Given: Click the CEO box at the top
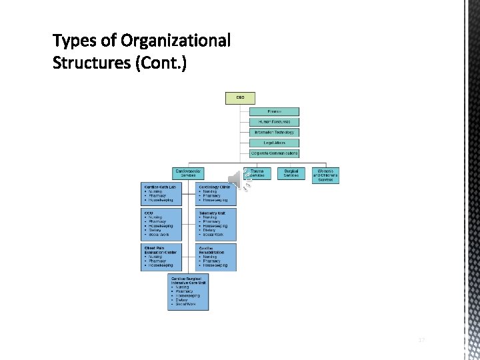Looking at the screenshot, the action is coord(240,97).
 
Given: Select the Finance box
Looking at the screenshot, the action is coord(274,111).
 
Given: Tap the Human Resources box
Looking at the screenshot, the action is coord(274,122).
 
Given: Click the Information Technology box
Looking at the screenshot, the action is coord(274,133).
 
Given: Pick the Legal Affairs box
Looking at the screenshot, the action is coord(274,143).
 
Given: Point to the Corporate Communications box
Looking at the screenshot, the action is coord(274,153).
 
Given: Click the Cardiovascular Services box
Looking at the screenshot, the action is coord(188,173).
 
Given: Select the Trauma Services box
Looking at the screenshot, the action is coord(257,173).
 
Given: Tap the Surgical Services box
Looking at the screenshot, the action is coord(291,173).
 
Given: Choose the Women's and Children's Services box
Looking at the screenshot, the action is coord(325,175).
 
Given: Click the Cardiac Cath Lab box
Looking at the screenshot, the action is coord(161,194).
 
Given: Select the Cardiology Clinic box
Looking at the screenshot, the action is coord(217,194).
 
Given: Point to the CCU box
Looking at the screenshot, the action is coord(161,224).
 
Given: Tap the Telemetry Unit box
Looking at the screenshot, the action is coord(217,224).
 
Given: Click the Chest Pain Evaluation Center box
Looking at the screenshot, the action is coord(161,257).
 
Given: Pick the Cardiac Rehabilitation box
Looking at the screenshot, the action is coord(217,257).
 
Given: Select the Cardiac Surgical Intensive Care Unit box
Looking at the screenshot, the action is coord(189,292).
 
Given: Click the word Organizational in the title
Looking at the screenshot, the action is coord(175,41).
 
